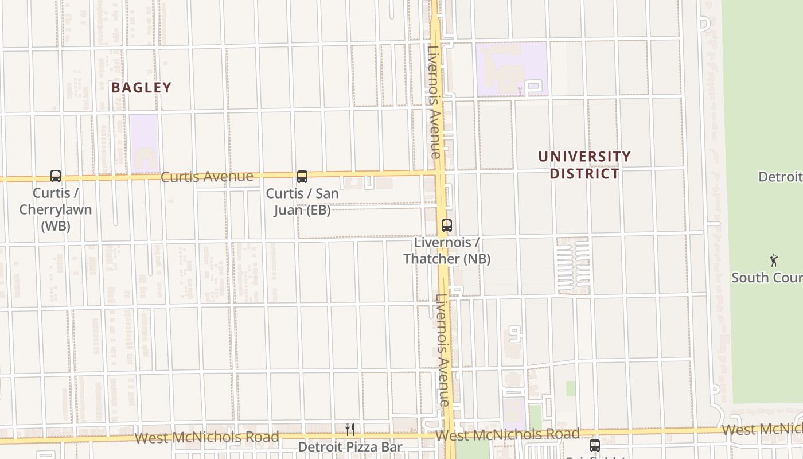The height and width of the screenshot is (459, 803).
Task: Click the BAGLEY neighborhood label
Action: (141, 88)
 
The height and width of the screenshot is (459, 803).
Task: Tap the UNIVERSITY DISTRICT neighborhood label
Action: (584, 165)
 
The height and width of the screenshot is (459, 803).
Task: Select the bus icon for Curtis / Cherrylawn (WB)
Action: (56, 176)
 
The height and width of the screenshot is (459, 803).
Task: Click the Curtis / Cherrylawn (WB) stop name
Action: (56, 209)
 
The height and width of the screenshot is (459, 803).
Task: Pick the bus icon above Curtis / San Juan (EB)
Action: (302, 177)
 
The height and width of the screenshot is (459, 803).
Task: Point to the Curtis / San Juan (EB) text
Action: (302, 201)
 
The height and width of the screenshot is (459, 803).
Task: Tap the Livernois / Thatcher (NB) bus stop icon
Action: (447, 225)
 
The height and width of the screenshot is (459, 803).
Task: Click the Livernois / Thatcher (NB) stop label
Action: (447, 251)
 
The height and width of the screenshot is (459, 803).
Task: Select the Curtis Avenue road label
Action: (206, 176)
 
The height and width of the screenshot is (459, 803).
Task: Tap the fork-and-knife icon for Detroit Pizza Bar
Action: (350, 429)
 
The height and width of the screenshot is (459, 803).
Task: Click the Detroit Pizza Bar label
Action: (350, 446)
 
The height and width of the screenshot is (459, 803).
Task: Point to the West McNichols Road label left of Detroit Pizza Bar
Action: (206, 438)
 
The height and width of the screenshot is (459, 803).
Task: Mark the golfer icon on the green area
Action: (774, 260)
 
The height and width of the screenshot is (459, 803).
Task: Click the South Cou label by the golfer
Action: (766, 278)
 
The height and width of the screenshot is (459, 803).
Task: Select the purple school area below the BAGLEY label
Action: (144, 143)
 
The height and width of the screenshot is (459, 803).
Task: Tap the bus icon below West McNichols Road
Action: (595, 445)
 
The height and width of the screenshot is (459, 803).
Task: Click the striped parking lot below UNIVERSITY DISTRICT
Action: (574, 266)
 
